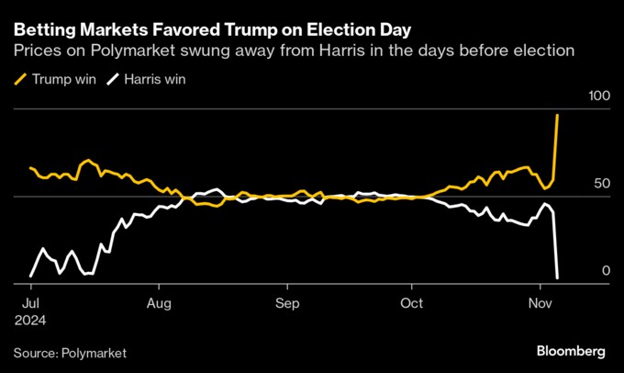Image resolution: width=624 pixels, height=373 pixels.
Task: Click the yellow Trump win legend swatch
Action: point(20,79)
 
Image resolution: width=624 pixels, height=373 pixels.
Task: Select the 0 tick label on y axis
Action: point(605,270)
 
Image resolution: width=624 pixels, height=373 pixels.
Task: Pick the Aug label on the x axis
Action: point(159,302)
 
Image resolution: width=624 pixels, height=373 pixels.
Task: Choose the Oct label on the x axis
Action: point(412,302)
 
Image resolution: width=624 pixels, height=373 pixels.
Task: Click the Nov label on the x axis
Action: point(541,302)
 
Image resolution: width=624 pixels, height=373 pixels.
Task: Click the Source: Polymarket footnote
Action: point(70,352)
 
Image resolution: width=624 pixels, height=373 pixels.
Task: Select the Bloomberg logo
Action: point(570,351)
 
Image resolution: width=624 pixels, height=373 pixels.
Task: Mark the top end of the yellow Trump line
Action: point(558,115)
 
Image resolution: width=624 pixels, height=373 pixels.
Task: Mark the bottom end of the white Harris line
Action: point(558,277)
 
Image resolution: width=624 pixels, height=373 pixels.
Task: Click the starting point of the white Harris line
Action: point(30,275)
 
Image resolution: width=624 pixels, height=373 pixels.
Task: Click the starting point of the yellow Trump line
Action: point(30,168)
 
